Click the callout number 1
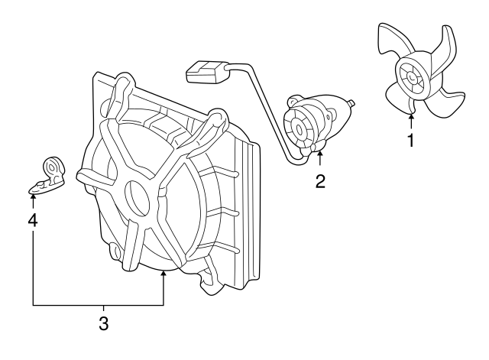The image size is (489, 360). [x=411, y=140]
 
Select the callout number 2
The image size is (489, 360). [x=320, y=182]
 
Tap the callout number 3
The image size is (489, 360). [x=104, y=323]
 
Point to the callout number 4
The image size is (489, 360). [x=33, y=221]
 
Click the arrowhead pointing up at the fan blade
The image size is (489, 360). [x=411, y=117]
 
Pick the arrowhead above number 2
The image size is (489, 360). [x=320, y=154]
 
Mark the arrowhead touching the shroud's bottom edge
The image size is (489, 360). [x=163, y=274]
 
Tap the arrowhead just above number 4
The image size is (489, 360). [x=33, y=196]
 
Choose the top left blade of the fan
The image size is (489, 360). [x=393, y=41]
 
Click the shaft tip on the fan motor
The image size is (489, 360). [x=352, y=102]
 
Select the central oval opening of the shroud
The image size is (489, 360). [x=138, y=198]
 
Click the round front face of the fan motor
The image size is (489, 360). [x=299, y=129]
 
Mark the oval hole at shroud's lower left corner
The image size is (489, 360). [x=116, y=251]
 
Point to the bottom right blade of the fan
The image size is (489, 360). [x=446, y=101]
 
